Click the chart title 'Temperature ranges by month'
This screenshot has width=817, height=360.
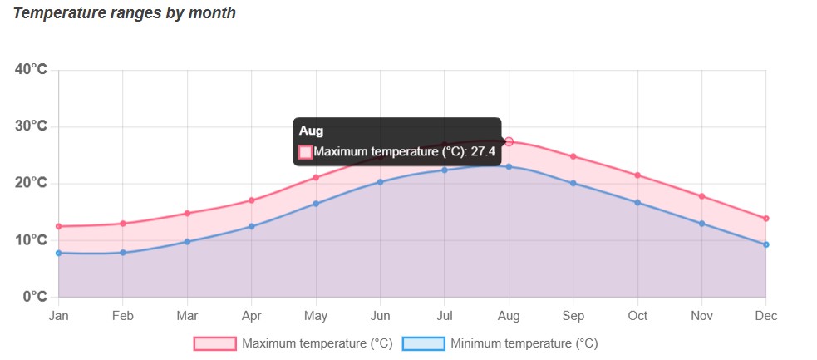click(x=125, y=13)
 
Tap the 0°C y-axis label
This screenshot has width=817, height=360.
click(x=34, y=297)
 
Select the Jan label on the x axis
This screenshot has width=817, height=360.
click(x=58, y=316)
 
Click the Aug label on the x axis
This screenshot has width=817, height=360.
click(x=509, y=316)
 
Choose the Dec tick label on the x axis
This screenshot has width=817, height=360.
click(x=765, y=316)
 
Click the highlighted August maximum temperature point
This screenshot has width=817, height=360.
click(x=509, y=142)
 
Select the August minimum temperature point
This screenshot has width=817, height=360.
click(x=509, y=166)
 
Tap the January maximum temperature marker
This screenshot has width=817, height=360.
click(x=58, y=226)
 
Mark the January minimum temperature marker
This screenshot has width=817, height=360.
click(x=58, y=253)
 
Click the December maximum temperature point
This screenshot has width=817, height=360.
click(x=765, y=219)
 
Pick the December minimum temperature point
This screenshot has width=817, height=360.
click(x=765, y=244)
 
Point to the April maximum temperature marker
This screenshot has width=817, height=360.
click(x=251, y=200)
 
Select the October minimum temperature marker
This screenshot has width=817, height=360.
click(x=637, y=202)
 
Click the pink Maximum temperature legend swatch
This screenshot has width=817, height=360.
click(x=214, y=343)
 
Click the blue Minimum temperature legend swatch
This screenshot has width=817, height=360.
click(x=423, y=343)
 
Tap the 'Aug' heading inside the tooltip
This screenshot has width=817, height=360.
click(x=311, y=131)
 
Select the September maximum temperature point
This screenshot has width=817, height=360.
click(x=573, y=156)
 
